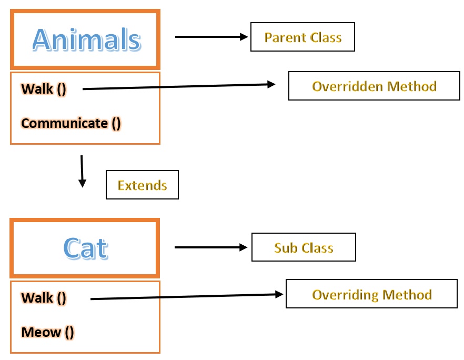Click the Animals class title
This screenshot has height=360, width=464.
coord(87,39)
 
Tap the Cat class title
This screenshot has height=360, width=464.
coord(86,248)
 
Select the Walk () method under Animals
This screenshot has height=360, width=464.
coord(44,89)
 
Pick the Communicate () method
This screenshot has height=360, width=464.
coord(71,123)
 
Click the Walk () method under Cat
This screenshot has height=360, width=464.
coord(44,298)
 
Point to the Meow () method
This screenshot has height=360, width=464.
coord(47,332)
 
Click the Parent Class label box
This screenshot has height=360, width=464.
coord(302,37)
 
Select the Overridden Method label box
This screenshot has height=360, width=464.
coord(374,86)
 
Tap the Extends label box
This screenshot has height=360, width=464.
coord(143,185)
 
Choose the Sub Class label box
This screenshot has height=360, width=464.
coord(304,247)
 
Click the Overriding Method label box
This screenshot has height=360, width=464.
coord(371,294)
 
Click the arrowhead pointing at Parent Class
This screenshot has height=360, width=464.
coord(244,37)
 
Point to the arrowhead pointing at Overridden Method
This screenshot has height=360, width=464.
coord(271,84)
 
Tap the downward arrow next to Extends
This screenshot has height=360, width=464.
coord(82,171)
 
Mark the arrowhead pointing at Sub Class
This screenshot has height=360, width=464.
coord(244,247)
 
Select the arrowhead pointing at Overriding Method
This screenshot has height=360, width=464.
coord(279,294)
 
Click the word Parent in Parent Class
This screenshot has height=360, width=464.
coord(286,37)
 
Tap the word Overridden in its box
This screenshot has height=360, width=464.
coord(348,86)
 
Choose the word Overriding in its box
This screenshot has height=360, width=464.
coord(345,295)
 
